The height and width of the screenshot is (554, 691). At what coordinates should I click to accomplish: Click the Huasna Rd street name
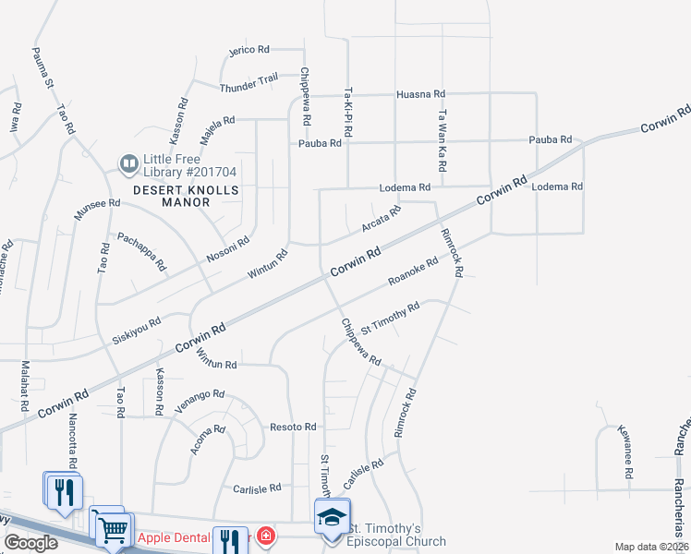[420, 94]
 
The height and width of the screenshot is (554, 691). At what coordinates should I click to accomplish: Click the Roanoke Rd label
[413, 271]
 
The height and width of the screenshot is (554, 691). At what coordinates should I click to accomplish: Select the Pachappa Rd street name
[141, 251]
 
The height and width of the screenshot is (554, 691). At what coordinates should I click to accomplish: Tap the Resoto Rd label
[294, 427]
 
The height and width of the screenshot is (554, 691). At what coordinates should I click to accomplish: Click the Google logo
[30, 543]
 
